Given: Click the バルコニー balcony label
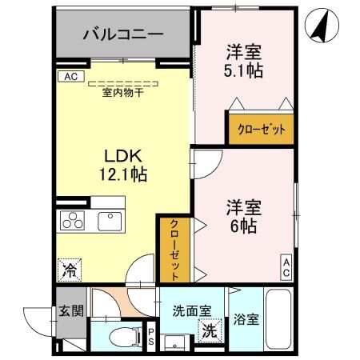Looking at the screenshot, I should pyautogui.click(x=124, y=34).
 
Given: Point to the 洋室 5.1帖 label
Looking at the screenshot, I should pyautogui.click(x=244, y=61).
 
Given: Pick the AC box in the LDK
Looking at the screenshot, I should pyautogui.click(x=70, y=77).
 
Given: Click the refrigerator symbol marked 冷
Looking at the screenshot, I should pyautogui.click(x=70, y=270).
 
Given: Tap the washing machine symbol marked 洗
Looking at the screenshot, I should pyautogui.click(x=209, y=330).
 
